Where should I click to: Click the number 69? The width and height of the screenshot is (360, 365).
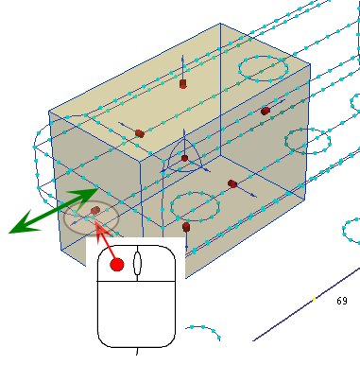click(342, 301)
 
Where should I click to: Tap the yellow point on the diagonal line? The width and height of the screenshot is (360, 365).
click(314, 299)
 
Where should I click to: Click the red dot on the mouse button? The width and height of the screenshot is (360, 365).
click(117, 265)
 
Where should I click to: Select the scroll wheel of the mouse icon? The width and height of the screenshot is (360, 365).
click(137, 263)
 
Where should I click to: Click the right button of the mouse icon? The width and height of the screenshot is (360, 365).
click(157, 263)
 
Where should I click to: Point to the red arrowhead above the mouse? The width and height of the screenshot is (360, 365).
click(100, 229)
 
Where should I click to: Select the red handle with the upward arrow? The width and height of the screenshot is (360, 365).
click(183, 84)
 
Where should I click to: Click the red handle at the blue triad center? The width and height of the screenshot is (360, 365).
click(184, 158)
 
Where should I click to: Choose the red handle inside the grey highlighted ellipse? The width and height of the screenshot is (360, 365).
click(95, 210)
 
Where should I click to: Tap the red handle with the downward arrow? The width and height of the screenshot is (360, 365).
click(186, 227)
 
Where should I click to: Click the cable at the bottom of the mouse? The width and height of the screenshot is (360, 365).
click(137, 351)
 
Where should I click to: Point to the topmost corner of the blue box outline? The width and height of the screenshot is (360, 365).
click(220, 23)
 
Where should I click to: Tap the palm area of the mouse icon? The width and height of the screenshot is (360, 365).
click(136, 314)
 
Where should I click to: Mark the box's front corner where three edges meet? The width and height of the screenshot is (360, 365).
click(140, 162)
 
